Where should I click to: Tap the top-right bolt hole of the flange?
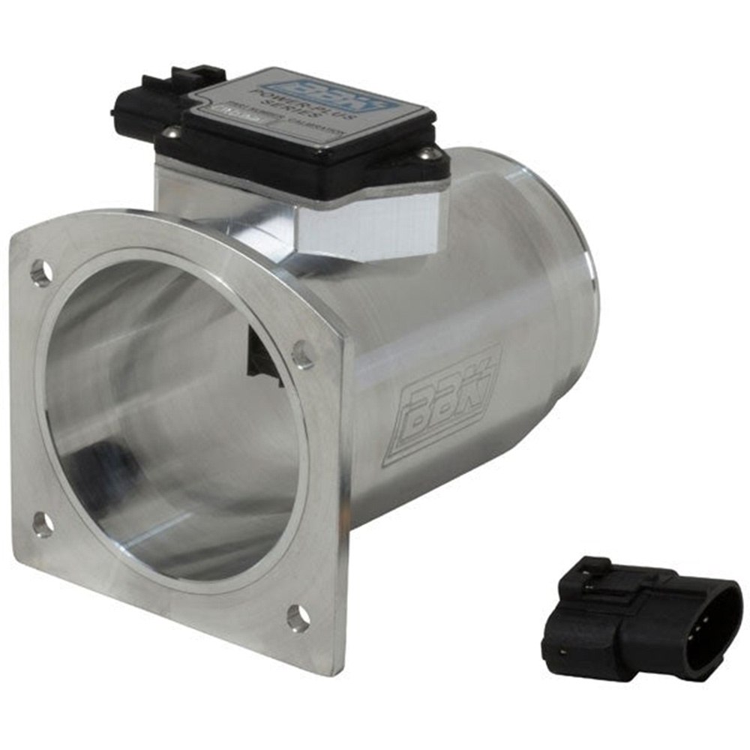302,355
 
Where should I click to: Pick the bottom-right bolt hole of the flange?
298,618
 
